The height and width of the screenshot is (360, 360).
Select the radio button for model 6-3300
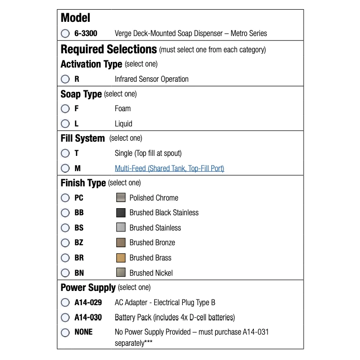[x=65, y=34]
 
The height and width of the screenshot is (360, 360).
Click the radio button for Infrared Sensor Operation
[x=65, y=79]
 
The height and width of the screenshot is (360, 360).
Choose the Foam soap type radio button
[x=65, y=109]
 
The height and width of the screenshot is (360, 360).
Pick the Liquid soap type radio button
[x=65, y=123]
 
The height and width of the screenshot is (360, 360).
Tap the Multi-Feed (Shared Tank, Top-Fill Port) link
[x=169, y=168]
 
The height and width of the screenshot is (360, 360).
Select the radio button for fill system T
[x=65, y=153]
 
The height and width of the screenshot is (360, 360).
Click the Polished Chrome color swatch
[x=121, y=198]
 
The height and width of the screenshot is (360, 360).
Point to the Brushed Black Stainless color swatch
[x=121, y=212]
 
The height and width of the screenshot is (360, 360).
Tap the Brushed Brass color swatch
[x=121, y=257]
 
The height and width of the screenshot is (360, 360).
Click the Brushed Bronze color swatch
[x=121, y=242]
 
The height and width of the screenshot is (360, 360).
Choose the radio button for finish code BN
[x=65, y=273]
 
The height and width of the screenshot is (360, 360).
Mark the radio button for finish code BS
[x=65, y=227]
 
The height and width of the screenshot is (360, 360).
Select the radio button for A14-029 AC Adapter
[x=65, y=303]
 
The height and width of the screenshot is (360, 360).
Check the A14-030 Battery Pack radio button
[x=65, y=317]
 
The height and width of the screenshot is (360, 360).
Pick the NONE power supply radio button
[x=65, y=333]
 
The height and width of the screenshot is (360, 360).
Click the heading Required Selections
[x=109, y=49]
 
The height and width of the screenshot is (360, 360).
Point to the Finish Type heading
[x=83, y=183]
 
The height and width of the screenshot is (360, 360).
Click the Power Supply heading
[x=88, y=288]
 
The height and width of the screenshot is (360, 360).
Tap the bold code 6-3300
[x=86, y=34]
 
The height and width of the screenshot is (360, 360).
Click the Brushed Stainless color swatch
[x=121, y=227]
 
